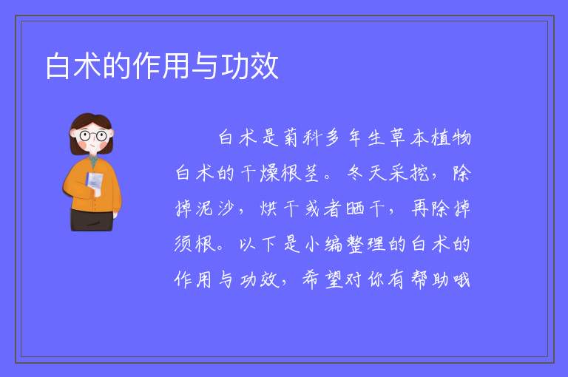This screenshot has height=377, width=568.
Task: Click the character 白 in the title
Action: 57,66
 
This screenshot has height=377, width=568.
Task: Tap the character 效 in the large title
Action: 265,66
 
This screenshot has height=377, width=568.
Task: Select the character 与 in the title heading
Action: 206,66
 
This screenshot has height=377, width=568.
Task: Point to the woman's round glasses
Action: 93,136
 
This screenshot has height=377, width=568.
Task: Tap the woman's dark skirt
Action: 92,220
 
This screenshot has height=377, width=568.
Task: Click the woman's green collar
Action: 94,160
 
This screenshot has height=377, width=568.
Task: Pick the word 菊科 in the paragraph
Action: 302,137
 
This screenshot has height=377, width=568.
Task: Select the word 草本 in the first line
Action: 408,137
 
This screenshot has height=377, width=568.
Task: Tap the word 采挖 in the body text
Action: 408,173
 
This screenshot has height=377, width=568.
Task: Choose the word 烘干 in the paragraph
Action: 280,208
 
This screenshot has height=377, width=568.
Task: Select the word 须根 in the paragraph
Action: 195,244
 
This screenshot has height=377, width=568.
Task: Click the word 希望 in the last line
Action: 322,279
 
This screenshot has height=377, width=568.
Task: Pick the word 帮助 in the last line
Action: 429,279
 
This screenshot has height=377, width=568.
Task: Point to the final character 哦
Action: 461,279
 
